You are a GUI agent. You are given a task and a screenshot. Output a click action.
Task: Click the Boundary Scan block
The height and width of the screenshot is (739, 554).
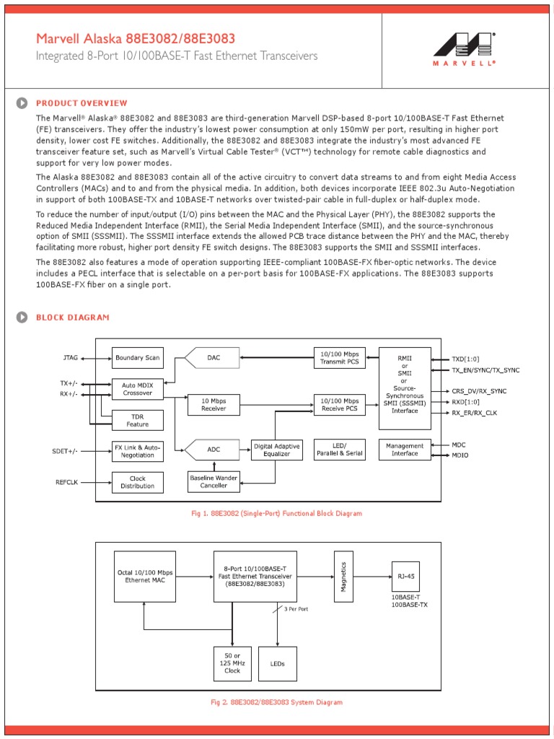pyautogui.click(x=137, y=358)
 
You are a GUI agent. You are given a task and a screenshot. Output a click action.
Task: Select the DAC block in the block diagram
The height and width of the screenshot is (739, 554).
pyautogui.click(x=214, y=357)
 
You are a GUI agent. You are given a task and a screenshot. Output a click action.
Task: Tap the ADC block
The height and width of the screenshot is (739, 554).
pyautogui.click(x=214, y=450)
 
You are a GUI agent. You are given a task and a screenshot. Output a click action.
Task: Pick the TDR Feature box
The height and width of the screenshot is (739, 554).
pyautogui.click(x=137, y=420)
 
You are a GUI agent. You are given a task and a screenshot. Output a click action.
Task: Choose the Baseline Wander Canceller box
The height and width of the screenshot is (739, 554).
pyautogui.click(x=214, y=481)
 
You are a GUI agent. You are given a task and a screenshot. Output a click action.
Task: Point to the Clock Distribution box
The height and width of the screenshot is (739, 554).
pyautogui.click(x=137, y=482)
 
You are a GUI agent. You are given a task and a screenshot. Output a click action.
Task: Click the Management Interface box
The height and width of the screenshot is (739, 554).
pyautogui.click(x=405, y=450)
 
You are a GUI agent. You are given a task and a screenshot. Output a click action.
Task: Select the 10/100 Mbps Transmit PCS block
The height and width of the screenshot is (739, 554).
pyautogui.click(x=340, y=357)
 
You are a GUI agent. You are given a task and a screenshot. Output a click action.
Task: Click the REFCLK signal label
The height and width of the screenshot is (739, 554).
pyautogui.click(x=67, y=482)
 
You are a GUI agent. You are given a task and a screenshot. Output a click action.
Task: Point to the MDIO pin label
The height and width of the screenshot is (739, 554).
pyautogui.click(x=460, y=456)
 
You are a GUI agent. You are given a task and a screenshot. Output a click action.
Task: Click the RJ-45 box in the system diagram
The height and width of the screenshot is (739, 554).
pyautogui.click(x=405, y=576)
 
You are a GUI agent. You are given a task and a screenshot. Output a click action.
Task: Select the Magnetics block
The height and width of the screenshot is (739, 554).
pyautogui.click(x=344, y=576)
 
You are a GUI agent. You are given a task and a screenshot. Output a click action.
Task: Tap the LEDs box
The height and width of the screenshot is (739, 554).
pyautogui.click(x=278, y=663)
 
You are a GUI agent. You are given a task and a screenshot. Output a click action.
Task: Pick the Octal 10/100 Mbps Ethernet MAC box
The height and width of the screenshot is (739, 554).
pyautogui.click(x=145, y=576)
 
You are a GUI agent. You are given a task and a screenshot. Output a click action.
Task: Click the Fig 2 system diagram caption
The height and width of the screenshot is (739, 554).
pyautogui.click(x=276, y=702)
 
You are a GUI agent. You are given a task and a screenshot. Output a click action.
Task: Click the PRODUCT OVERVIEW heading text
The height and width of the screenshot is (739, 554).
pyautogui.click(x=82, y=103)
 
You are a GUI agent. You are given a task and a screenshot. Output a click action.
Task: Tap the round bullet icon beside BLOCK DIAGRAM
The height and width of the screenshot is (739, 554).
pyautogui.click(x=22, y=317)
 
